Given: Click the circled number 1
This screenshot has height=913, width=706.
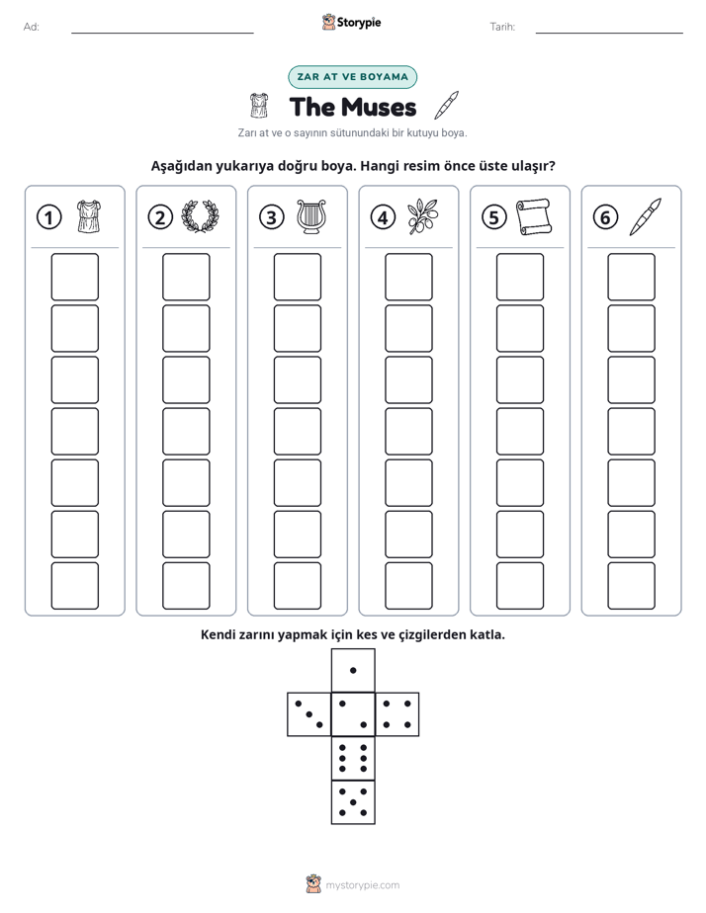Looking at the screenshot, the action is [x=48, y=217].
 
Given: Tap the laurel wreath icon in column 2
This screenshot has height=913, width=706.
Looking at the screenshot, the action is [x=200, y=216].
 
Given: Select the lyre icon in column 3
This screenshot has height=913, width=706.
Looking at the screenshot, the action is [x=311, y=217].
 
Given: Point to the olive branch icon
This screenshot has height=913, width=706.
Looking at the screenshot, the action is [x=423, y=216].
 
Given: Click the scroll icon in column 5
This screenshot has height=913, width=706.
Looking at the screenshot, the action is [x=534, y=216].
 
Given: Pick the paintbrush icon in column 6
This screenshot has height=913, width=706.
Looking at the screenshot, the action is [x=646, y=216].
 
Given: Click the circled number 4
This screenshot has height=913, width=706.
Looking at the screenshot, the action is [x=383, y=217].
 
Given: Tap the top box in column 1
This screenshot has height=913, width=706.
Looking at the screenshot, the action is [x=74, y=277].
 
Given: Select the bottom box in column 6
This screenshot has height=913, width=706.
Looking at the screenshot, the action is [x=631, y=586].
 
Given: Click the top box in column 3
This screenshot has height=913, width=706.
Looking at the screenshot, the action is [x=297, y=277].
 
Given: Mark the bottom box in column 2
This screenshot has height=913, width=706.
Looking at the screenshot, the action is [x=186, y=586].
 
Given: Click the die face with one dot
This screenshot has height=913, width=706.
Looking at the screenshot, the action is [x=353, y=670].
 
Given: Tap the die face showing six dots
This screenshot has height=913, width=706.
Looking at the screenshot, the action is [x=353, y=758].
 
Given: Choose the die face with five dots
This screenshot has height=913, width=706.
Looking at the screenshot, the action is [x=353, y=801].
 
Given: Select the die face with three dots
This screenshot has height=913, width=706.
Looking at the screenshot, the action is [x=309, y=713].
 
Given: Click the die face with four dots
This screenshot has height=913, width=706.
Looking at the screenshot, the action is [x=397, y=713].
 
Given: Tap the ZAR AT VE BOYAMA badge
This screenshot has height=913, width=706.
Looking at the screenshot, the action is [x=352, y=77].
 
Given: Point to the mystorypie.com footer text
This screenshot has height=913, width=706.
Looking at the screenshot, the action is [x=362, y=885].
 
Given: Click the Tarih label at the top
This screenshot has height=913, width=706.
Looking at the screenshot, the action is [x=502, y=27].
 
